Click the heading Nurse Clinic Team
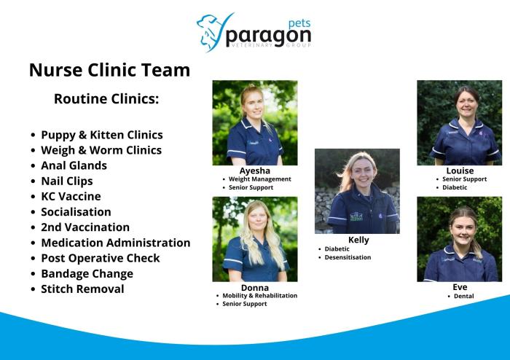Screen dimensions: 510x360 pos(109,70)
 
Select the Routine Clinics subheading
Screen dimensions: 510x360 pos(106,99)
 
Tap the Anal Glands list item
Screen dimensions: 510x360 pos(74,165)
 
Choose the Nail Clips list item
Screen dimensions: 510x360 pos(67,181)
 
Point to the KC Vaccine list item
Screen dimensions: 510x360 pos(71,197)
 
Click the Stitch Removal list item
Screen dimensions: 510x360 pos(82,289)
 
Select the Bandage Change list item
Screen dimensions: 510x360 pos(87,274)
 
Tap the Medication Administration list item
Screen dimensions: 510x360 pos(115,243)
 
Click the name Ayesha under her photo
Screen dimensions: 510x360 pos(255,171)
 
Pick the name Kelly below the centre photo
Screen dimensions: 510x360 pos(358,240)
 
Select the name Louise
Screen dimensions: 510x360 pos(460,171)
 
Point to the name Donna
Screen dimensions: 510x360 pos(255,288)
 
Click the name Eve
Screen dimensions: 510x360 pos(460,287)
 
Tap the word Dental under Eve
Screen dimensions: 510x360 pos(464,297)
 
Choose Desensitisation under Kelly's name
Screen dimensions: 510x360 pos(348,257)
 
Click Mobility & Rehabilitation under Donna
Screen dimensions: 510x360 pos(260,296)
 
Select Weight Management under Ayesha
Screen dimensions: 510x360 pos(260,179)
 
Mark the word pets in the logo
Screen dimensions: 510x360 pos(299,24)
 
